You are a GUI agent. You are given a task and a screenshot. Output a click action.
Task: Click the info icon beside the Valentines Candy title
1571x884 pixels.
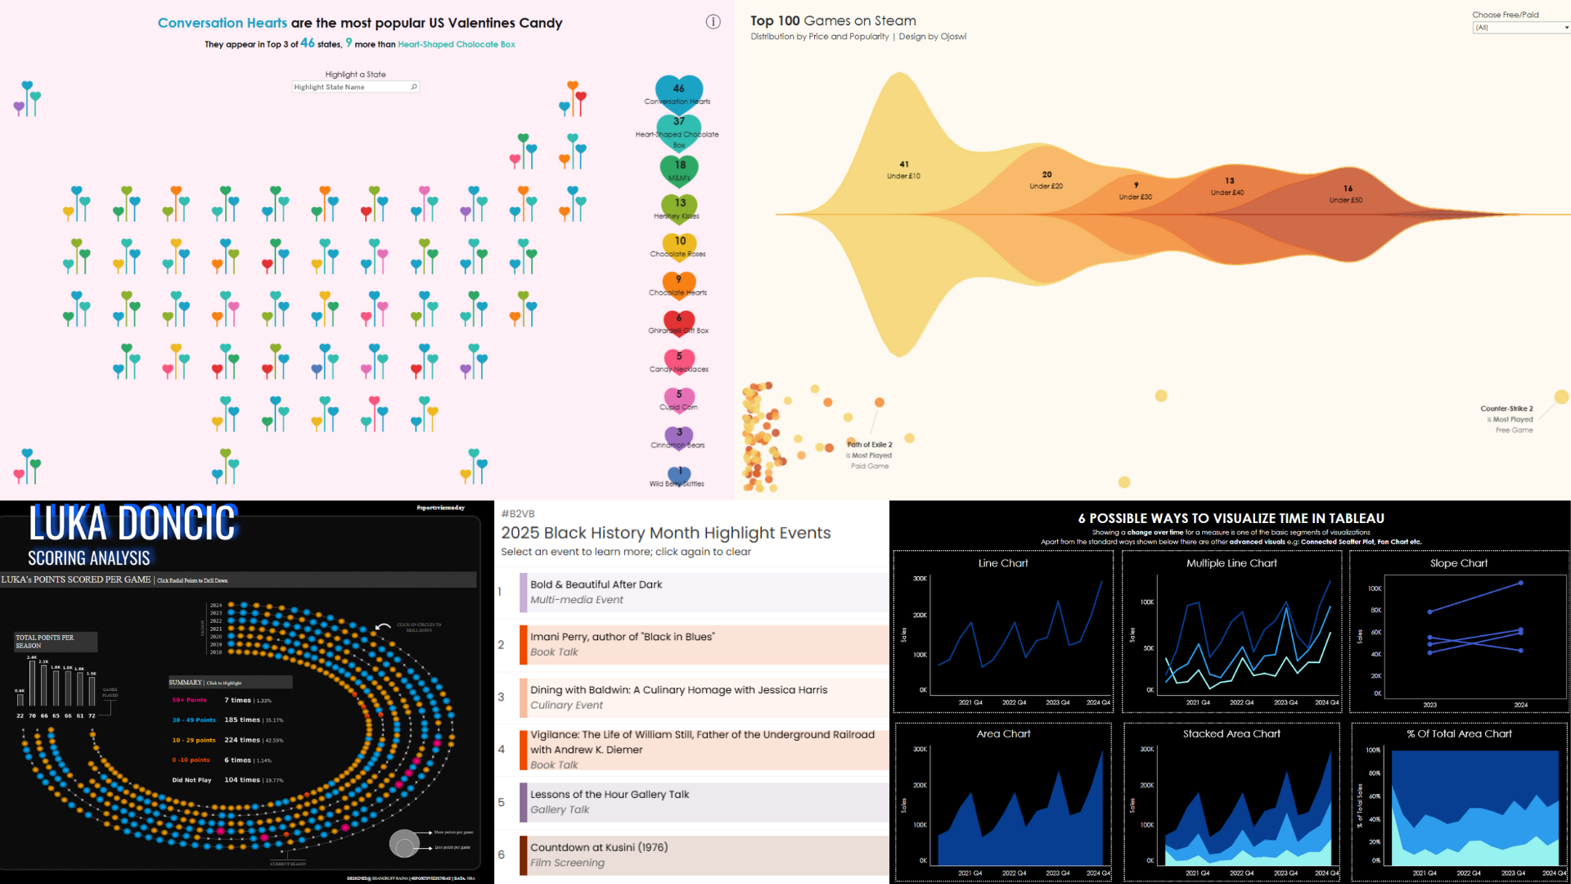tap(713, 22)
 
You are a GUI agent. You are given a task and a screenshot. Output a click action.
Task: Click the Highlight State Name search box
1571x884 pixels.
tap(355, 87)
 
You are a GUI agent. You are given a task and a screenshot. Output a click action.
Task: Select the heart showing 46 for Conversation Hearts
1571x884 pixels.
tap(679, 89)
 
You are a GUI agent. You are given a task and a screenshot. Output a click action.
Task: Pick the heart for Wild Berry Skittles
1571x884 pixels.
tap(679, 474)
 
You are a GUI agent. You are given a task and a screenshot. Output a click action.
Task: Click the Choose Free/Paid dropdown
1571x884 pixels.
tap(1521, 28)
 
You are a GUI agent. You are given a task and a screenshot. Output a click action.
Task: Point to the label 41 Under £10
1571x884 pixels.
tap(903, 170)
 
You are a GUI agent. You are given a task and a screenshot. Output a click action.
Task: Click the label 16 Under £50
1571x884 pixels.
tap(1347, 194)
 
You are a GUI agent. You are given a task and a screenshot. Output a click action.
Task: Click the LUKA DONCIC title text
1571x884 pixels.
tap(133, 524)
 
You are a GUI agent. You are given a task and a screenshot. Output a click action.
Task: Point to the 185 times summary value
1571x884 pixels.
tap(242, 720)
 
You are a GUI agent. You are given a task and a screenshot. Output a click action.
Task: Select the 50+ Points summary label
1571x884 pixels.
tap(189, 700)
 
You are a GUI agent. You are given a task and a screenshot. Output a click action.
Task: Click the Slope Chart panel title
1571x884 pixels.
tap(1459, 563)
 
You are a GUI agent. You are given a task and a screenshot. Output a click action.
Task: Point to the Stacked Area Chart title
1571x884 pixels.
tap(1231, 734)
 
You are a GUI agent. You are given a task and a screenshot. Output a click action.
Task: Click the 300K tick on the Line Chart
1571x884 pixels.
tap(920, 579)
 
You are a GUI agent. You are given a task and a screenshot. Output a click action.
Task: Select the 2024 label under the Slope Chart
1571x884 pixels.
tap(1521, 705)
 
